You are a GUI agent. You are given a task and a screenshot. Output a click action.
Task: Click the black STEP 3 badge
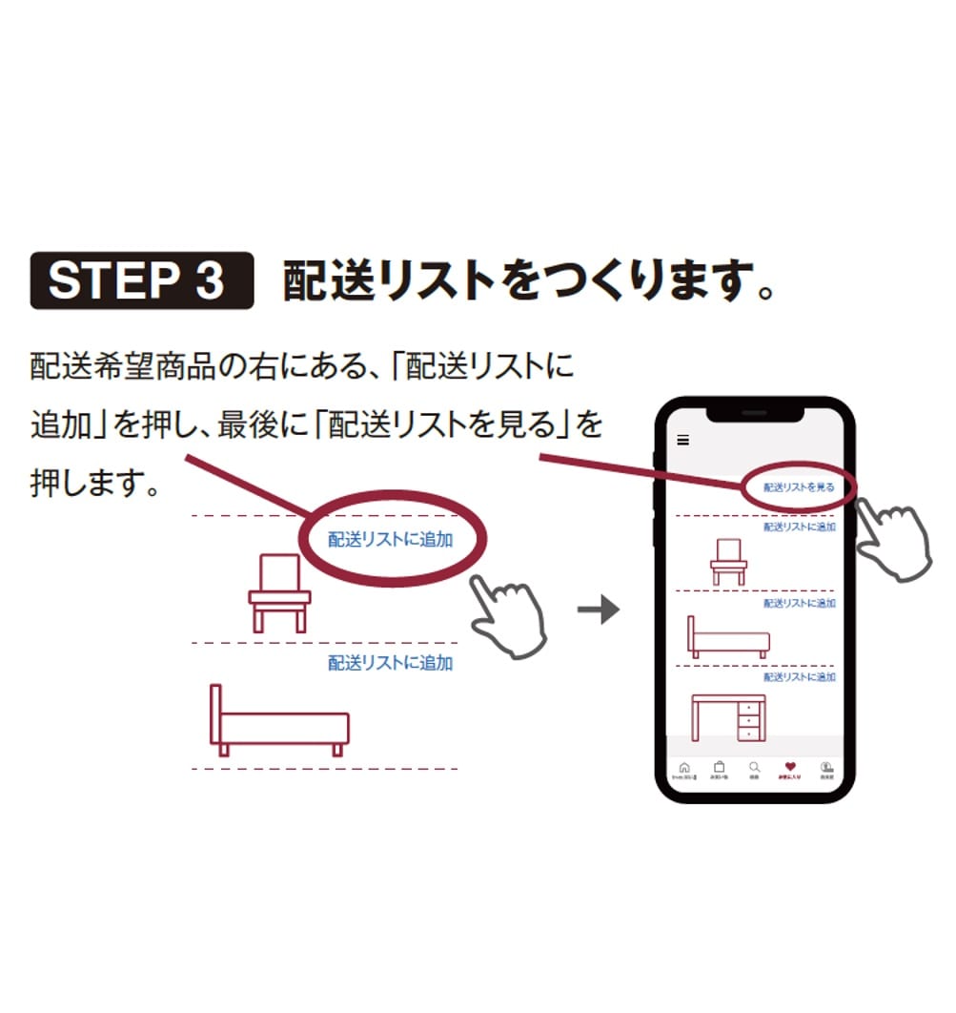142,280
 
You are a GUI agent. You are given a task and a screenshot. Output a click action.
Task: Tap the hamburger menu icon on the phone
682,440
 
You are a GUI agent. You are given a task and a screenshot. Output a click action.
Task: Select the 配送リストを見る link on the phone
799,487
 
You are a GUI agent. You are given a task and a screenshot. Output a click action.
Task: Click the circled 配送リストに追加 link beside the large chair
390,540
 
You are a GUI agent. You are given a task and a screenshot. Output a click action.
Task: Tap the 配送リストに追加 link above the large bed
390,663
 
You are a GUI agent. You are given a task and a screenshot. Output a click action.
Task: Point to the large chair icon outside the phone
279,592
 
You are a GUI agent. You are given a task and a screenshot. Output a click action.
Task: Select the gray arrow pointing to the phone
599,610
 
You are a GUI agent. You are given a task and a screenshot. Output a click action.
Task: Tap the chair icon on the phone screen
728,561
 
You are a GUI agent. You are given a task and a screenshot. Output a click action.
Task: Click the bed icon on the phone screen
728,637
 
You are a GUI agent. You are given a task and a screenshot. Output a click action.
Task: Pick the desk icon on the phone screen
728,717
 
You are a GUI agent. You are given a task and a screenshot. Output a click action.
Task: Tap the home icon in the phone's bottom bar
683,768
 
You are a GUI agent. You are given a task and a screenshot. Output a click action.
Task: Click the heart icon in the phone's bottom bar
789,767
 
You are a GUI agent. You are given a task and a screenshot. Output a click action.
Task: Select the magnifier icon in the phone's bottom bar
754,767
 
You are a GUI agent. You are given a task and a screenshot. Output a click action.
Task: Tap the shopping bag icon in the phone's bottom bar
719,767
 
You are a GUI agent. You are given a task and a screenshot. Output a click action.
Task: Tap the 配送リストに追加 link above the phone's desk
799,677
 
